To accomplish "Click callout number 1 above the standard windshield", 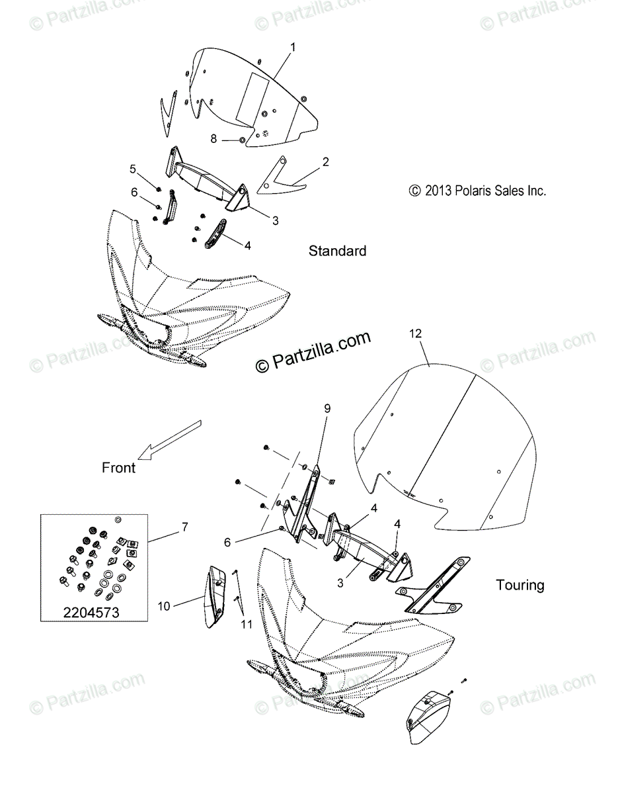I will (293, 48).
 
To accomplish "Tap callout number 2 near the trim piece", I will (325, 161).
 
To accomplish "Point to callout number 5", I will (132, 169).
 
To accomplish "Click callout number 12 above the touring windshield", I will (415, 334).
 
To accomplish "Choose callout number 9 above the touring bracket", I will (327, 409).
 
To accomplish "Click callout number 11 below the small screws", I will (246, 623).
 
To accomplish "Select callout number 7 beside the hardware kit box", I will (184, 527).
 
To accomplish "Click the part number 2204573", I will (91, 613).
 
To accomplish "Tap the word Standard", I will (337, 251).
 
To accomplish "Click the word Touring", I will (520, 585).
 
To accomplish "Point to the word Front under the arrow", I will (118, 468).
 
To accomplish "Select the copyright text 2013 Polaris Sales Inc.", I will (477, 191).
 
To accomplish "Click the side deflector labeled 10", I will (215, 595).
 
